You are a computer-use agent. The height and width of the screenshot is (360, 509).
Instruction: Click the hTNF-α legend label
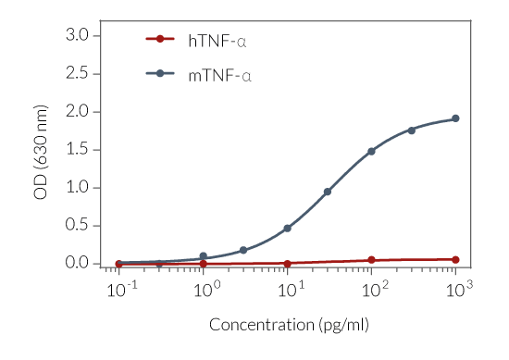[x=217, y=40]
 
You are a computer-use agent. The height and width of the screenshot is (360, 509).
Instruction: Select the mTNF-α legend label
[x=219, y=74]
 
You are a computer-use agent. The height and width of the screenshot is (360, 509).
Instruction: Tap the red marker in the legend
[x=160, y=39]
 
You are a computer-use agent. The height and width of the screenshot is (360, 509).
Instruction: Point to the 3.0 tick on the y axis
[x=76, y=35]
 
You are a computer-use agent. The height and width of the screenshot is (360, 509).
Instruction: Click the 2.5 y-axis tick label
[x=76, y=73]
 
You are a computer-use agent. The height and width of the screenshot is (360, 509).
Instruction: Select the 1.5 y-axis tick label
[x=76, y=149]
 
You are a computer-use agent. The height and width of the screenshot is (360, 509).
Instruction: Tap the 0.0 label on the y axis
[x=76, y=263]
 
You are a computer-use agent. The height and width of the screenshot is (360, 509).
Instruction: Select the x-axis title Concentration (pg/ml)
[x=289, y=325]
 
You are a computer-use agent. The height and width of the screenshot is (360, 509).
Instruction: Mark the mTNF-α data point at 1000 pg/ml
[x=455, y=118]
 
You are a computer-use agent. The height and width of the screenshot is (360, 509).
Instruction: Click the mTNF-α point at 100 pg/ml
[x=371, y=151]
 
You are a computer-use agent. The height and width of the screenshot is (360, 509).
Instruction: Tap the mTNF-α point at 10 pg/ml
[x=287, y=228]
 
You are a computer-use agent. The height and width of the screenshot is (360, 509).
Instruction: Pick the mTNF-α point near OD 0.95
[x=328, y=192]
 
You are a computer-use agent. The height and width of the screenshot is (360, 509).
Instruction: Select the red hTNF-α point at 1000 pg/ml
[x=455, y=260]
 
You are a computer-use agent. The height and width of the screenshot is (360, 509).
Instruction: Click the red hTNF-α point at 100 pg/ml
[x=371, y=260]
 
